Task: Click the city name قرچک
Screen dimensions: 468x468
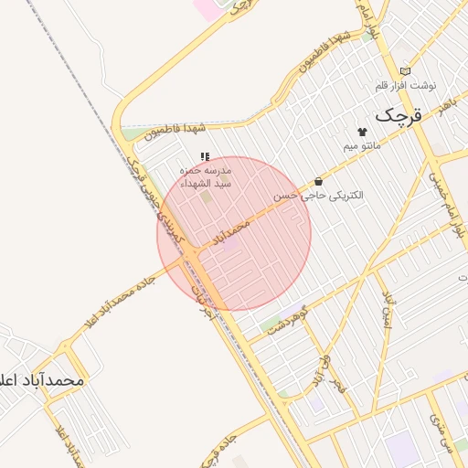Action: [x=401, y=115]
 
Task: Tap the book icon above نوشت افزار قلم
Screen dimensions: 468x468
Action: [x=405, y=70]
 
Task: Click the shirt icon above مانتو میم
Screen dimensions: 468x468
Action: [x=375, y=132]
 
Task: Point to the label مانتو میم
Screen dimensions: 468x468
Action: [x=362, y=146]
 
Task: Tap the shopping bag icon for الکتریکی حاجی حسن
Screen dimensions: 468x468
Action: [x=318, y=181]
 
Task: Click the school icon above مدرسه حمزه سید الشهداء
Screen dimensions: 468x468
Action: [x=205, y=156]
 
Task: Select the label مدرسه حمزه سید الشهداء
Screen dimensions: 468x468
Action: [x=206, y=176]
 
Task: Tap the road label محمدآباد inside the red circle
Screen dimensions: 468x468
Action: [x=230, y=232]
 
